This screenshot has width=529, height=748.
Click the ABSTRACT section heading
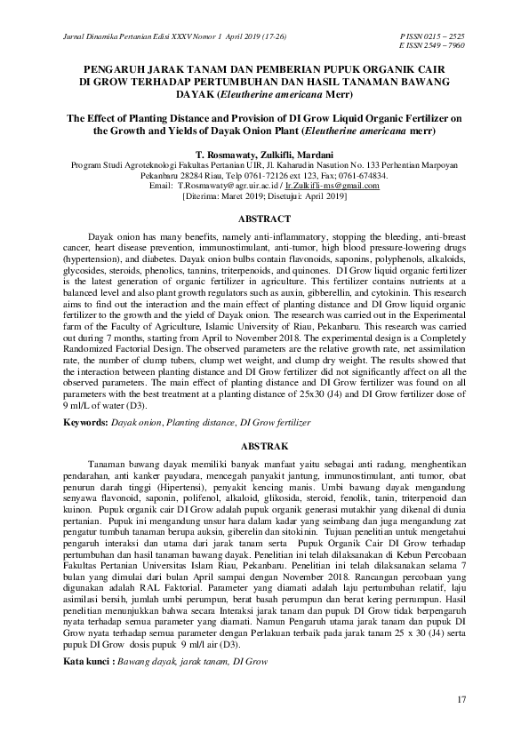[x=265, y=219]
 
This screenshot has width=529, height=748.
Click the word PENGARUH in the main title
[x=115, y=68]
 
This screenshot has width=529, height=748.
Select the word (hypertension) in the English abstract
[x=99, y=262]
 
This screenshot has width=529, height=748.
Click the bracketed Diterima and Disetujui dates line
[x=265, y=196]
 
